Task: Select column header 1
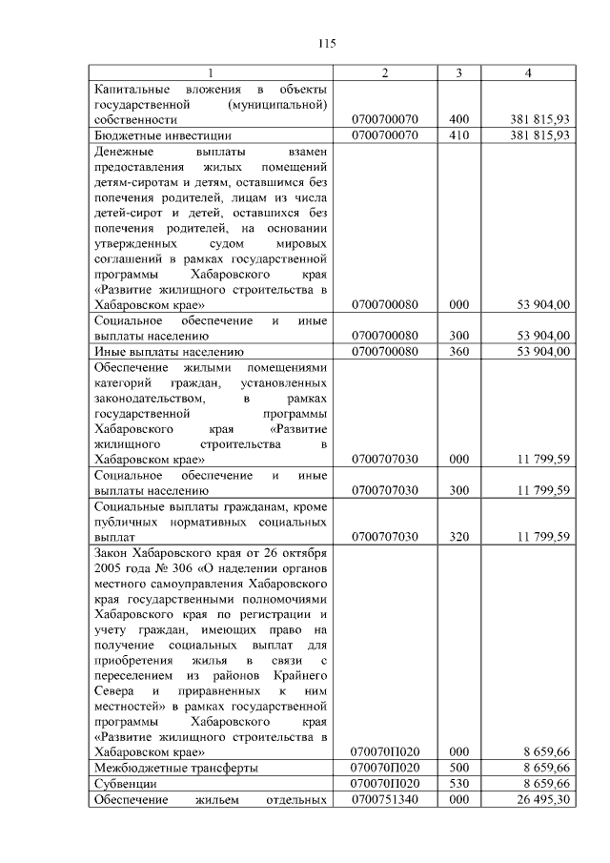click(211, 73)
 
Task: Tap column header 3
click(459, 73)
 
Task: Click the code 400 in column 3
click(459, 120)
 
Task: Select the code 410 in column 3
click(459, 135)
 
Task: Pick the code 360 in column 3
click(459, 351)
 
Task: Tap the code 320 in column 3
click(459, 537)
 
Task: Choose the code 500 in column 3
click(459, 768)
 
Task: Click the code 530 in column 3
click(459, 783)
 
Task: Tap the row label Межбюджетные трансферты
click(164, 768)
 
